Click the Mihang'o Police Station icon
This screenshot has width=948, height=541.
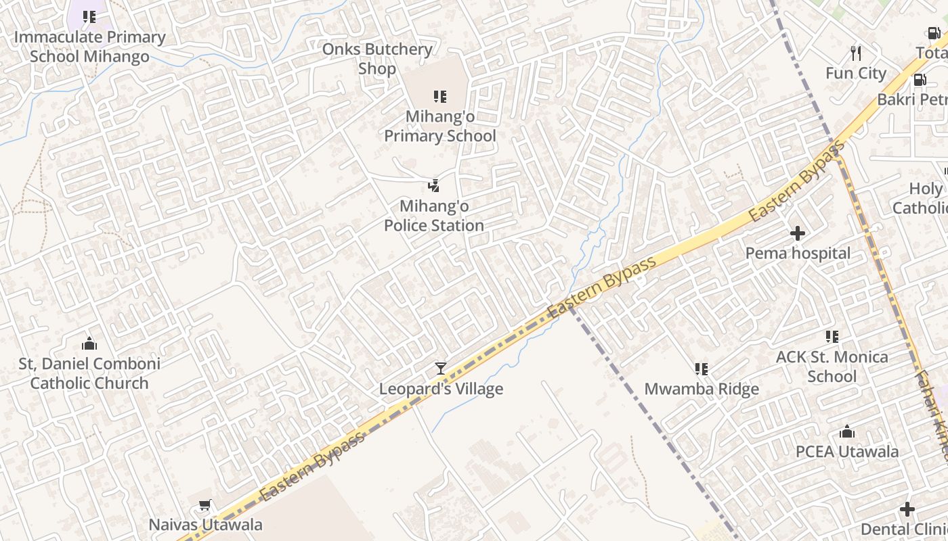[x=434, y=185]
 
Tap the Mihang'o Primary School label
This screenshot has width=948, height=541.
[x=440, y=126]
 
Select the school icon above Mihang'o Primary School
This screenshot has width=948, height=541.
[x=440, y=97]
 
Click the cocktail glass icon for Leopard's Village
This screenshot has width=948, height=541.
[x=441, y=369]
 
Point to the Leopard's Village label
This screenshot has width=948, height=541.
[x=441, y=389]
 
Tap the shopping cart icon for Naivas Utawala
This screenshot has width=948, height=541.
[x=205, y=504]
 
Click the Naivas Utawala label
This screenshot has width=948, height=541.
[x=205, y=525]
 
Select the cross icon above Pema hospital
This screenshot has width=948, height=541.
[x=798, y=233]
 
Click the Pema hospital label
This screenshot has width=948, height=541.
[x=798, y=254]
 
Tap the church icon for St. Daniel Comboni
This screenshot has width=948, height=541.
[x=89, y=344]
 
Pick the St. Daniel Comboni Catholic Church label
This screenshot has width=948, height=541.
[x=89, y=373]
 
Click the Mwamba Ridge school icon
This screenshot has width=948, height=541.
[x=702, y=369]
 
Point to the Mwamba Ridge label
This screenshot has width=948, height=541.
[x=702, y=390]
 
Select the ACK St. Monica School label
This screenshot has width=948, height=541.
[x=832, y=367]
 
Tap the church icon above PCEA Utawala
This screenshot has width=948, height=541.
[x=847, y=431]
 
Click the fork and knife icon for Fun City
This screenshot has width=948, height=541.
[x=856, y=53]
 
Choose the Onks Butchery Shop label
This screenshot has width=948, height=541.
[x=377, y=59]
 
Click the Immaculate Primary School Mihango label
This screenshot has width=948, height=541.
[x=89, y=47]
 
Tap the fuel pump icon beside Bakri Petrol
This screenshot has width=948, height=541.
[x=920, y=80]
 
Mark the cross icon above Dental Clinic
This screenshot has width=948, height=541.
[x=907, y=509]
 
